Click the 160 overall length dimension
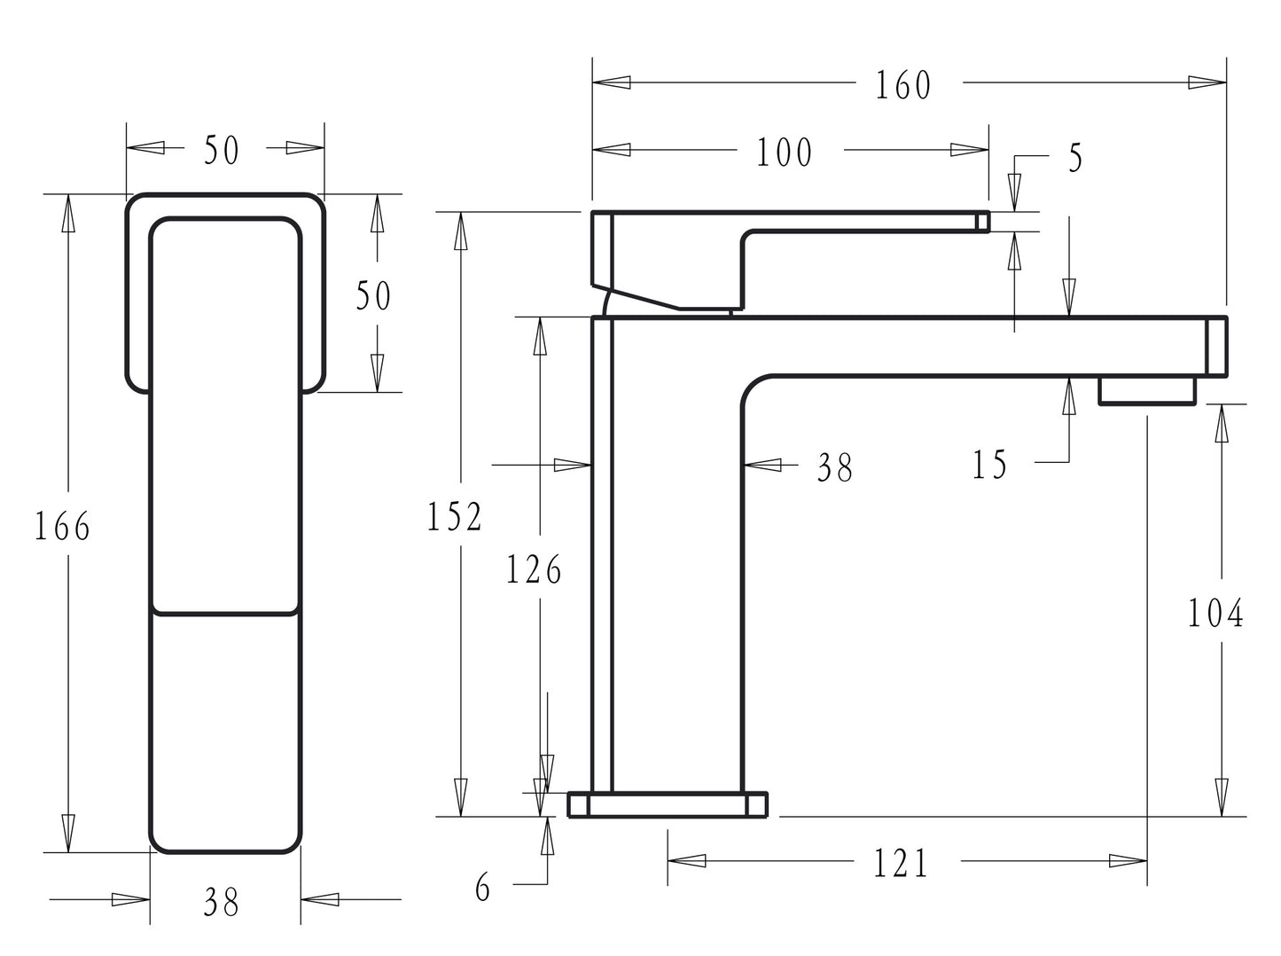[902, 85]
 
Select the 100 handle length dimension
[784, 153]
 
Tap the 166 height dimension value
[62, 526]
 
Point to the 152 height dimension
[454, 516]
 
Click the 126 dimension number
[534, 569]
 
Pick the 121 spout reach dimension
[901, 864]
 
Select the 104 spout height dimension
[1215, 614]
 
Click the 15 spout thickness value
[990, 466]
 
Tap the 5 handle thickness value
[1075, 158]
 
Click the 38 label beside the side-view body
[835, 467]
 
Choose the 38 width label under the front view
[222, 902]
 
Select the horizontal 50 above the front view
[222, 150]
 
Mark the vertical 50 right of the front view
[373, 295]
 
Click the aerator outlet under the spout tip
[1147, 391]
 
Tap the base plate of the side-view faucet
[668, 805]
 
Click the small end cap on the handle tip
[982, 222]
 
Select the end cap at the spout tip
[1217, 347]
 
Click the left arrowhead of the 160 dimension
[612, 82]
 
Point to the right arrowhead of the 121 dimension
[1129, 861]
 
